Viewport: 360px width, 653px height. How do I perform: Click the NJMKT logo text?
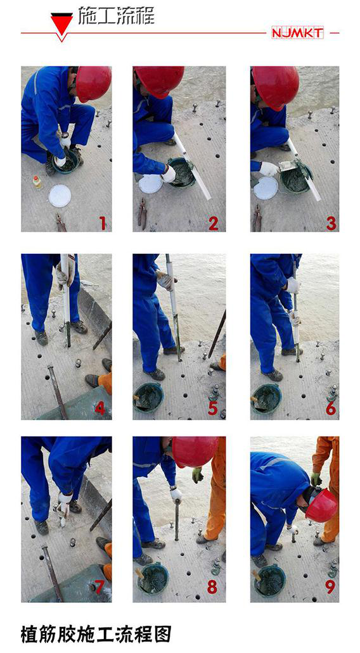coord(297,33)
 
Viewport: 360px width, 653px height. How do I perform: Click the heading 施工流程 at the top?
coord(116,16)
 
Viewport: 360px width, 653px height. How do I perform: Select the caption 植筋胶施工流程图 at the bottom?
coord(96,634)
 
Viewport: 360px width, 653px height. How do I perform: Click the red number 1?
coord(102,224)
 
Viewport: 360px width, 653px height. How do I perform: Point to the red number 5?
coord(213,408)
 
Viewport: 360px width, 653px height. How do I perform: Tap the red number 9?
coord(330,587)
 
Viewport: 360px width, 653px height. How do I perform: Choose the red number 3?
coord(331,224)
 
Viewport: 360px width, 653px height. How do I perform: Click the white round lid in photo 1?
coord(60,196)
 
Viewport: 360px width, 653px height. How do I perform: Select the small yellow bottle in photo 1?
coord(37,182)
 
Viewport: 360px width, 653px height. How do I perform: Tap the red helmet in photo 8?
coord(195,452)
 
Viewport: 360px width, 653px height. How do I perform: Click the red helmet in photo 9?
coord(321,505)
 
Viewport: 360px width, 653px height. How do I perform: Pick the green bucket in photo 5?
coord(148,398)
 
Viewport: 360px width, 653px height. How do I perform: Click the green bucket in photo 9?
coord(270,581)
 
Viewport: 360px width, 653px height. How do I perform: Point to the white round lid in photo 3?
coord(266,188)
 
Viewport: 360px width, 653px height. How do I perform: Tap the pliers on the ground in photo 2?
coord(142,213)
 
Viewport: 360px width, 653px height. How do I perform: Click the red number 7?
coord(99,586)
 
